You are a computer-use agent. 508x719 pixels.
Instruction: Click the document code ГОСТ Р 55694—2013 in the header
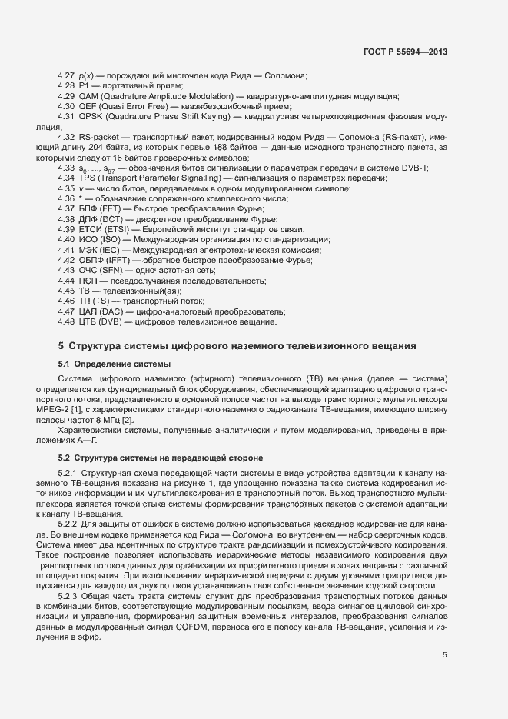[x=405, y=52]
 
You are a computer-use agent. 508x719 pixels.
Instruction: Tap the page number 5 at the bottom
[x=444, y=655]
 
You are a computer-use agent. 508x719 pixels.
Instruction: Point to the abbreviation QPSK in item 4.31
[x=90, y=117]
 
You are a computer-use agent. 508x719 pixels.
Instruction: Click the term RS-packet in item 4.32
[x=98, y=136]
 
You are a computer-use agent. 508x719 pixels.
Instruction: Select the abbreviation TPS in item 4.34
[x=87, y=178]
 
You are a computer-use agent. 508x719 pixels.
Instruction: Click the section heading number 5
[x=61, y=346]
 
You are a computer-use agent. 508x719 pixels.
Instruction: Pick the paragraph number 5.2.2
[x=69, y=523]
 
